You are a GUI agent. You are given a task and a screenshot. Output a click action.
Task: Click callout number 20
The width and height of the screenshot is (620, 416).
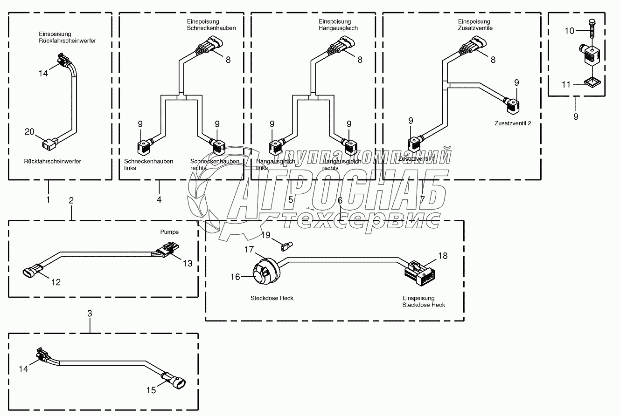[29, 132]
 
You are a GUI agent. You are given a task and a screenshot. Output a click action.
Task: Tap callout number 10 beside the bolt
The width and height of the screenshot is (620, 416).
[570, 31]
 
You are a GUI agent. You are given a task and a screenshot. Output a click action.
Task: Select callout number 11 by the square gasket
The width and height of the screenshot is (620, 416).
[566, 85]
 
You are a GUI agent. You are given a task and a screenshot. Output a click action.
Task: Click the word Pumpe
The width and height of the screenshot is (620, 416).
[169, 232]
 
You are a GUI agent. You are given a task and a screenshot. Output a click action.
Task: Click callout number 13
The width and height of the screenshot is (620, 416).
[187, 264]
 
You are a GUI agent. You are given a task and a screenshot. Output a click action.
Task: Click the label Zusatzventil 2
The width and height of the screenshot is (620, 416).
[512, 124]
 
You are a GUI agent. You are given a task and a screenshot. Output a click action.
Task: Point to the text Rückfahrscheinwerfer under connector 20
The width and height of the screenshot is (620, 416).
[52, 161]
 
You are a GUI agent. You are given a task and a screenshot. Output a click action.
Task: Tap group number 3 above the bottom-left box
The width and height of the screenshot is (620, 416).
[90, 314]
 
